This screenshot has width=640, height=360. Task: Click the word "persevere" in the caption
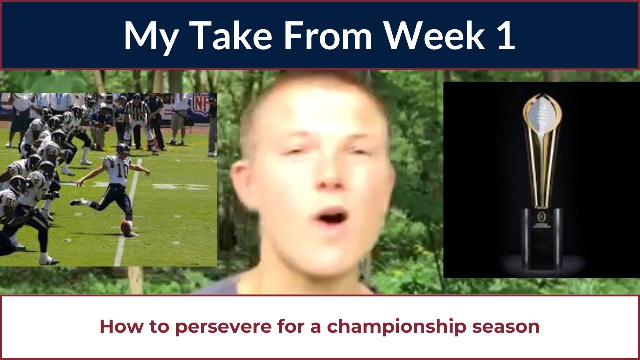[x=223, y=327]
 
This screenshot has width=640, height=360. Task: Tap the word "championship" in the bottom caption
[x=397, y=327]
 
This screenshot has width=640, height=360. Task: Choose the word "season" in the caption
[x=506, y=327]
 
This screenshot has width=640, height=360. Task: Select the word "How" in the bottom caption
[x=121, y=326]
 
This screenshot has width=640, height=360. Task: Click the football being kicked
[x=126, y=228]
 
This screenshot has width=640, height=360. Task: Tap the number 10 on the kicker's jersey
[x=122, y=171]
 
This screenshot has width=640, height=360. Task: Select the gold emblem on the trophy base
[x=541, y=216]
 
